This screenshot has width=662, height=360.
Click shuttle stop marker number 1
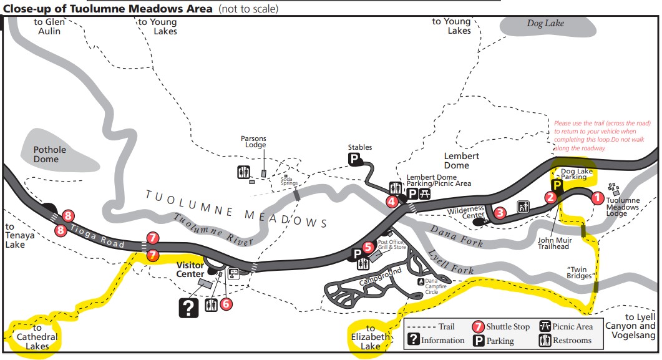pos(596,198)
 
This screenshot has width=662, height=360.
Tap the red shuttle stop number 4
pos(391,201)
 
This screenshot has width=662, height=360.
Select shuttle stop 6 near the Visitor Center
pos(226,304)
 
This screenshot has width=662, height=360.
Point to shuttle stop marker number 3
pos(500,213)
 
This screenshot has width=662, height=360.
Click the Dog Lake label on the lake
pos(545,23)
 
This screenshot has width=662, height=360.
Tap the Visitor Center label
pos(190,269)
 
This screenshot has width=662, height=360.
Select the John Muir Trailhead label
pos(553,242)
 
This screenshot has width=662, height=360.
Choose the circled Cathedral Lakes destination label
pos(37,337)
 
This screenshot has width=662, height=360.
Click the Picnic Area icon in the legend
pos(545,326)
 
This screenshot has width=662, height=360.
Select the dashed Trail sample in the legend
pos(421,326)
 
